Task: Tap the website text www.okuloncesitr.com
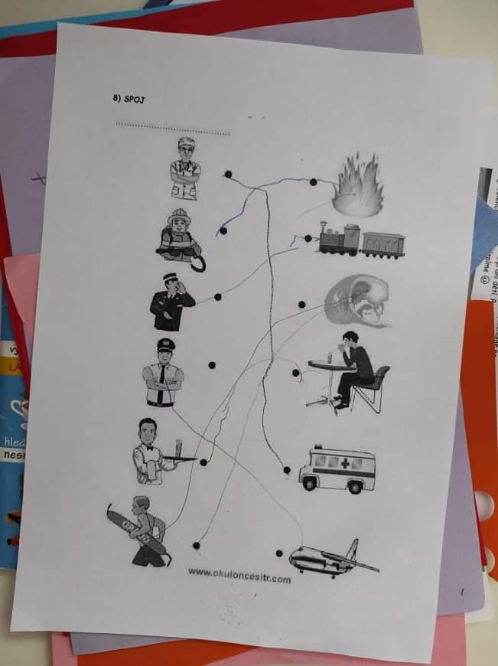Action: point(239,576)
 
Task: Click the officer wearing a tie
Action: point(162,373)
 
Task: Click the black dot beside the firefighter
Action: point(223,230)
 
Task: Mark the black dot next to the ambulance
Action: point(287,470)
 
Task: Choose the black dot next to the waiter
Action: point(203,462)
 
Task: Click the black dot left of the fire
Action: point(313,182)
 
